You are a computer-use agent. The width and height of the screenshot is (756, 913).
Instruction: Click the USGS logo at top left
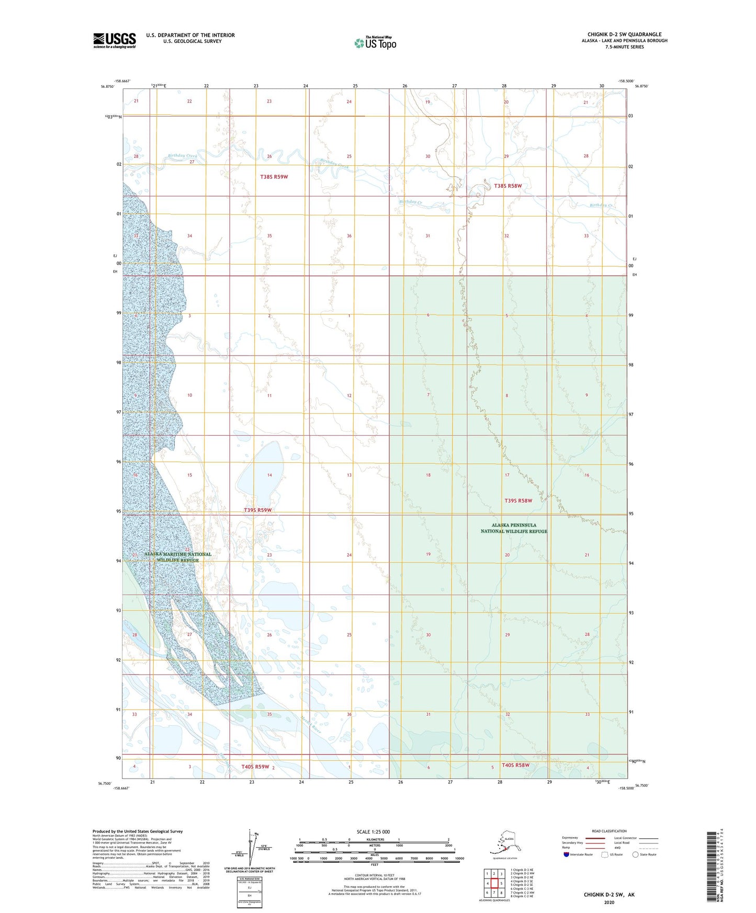[115, 40]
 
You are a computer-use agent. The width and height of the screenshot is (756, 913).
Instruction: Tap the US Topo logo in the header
[375, 43]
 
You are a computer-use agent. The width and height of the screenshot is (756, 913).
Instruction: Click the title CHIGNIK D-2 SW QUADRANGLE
[624, 35]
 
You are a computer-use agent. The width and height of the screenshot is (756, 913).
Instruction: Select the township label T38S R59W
[274, 177]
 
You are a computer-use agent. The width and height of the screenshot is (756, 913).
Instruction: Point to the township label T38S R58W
[508, 186]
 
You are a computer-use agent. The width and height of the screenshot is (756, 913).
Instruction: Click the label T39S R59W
[258, 510]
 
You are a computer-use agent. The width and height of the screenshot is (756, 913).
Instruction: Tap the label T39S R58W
[518, 500]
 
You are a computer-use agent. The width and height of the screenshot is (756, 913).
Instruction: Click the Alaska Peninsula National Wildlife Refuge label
[514, 528]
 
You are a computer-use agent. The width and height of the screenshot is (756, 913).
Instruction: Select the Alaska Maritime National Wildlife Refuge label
[178, 557]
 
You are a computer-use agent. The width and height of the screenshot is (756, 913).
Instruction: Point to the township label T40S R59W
[255, 767]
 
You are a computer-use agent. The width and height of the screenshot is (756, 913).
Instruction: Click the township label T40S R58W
[515, 765]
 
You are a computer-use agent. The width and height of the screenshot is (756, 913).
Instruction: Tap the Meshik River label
[311, 725]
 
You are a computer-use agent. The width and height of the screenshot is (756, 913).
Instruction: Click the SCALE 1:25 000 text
[373, 831]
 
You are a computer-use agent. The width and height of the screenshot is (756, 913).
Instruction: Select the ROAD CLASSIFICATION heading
[609, 831]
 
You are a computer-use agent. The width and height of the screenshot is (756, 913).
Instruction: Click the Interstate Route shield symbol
[567, 854]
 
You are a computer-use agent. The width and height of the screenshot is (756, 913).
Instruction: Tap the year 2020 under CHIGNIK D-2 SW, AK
[609, 902]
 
